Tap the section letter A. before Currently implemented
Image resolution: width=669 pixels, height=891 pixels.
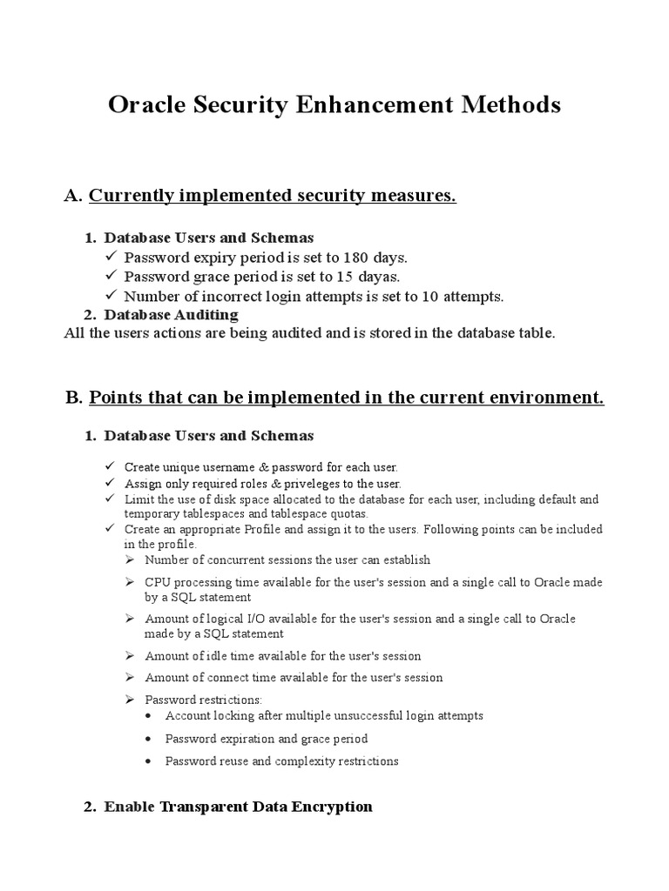[x=73, y=197]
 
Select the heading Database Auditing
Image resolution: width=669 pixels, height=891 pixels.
[x=171, y=314]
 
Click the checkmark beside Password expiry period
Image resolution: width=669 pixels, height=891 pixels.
[x=110, y=258]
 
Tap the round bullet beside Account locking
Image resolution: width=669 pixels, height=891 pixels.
[x=151, y=716]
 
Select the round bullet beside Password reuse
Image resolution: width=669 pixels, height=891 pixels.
[x=151, y=761]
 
